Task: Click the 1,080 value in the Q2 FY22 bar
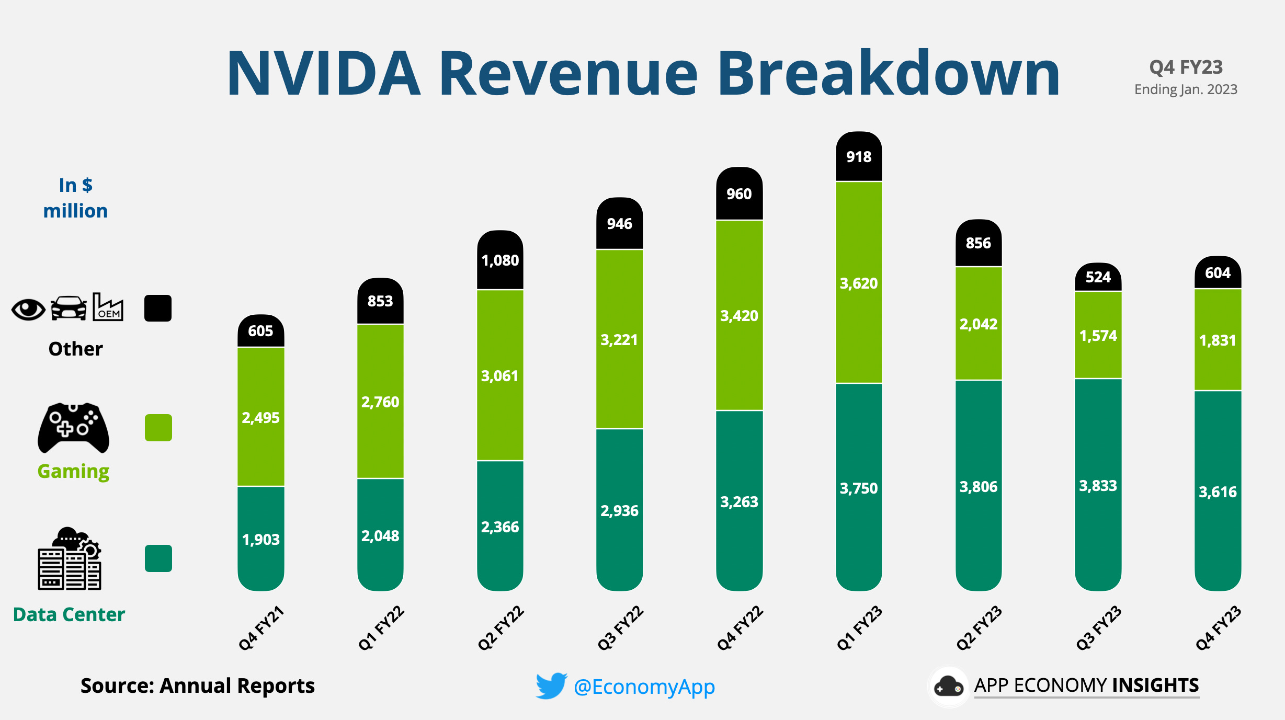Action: pos(500,260)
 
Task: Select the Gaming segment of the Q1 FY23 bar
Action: pos(859,283)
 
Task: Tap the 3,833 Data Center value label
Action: pos(1098,486)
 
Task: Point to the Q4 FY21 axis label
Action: pos(260,628)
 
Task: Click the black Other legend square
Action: pos(158,308)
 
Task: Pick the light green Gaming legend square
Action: pos(158,428)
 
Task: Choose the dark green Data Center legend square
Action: pos(158,558)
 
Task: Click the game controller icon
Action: pos(73,427)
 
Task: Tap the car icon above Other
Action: pos(69,308)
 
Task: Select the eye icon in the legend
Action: pos(28,310)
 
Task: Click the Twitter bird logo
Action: pos(551,685)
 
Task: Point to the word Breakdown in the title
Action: pos(888,73)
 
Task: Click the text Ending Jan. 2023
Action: pos(1186,89)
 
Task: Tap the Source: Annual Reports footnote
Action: pos(197,685)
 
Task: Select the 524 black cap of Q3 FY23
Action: pos(1098,277)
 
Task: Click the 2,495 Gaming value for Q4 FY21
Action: pos(260,418)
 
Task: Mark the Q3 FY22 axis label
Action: pos(620,628)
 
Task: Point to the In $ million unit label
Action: pos(75,198)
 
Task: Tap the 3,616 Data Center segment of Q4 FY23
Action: pos(1218,492)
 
